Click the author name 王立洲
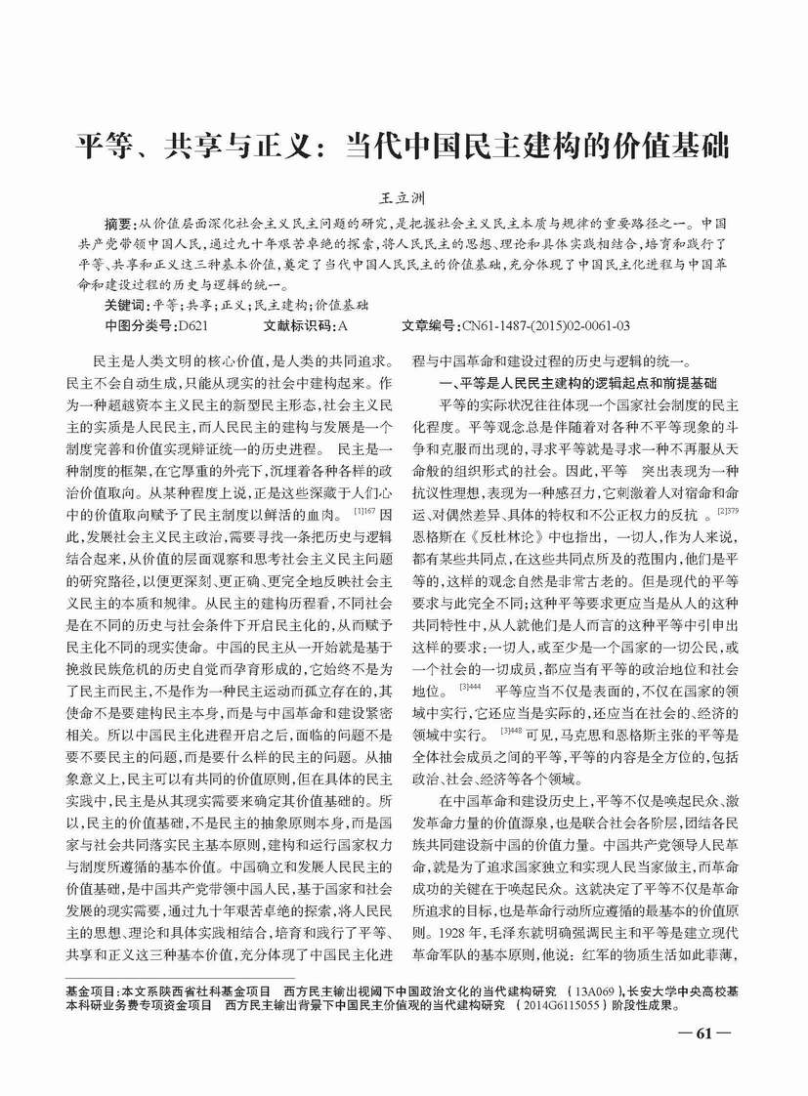(x=405, y=197)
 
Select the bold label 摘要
(x=123, y=222)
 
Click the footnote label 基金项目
(x=89, y=991)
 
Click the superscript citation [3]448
(x=511, y=732)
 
